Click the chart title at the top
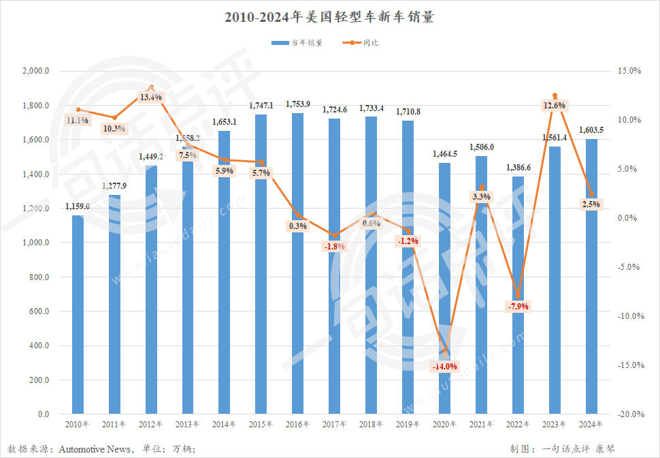pos(329,17)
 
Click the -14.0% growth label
pos(445,367)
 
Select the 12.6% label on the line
pos(555,106)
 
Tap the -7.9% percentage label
pos(518,306)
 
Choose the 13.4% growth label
pos(150,97)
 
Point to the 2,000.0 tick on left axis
pos(36,71)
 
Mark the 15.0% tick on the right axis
pos(630,71)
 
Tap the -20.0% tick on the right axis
pos(629,414)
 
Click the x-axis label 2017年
pos(334,425)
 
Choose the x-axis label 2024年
pos(591,425)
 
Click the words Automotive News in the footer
pos(95,449)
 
